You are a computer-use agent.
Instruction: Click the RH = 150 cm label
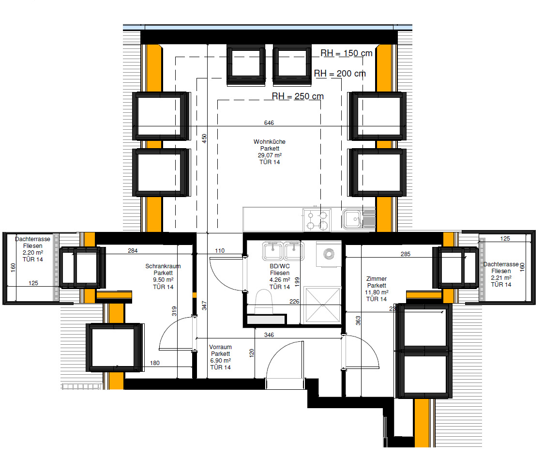tap(346, 53)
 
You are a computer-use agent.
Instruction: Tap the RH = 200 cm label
tap(340, 74)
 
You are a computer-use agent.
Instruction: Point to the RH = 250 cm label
tap(298, 96)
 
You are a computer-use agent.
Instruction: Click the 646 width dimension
tap(269, 123)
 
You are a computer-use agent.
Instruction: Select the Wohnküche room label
tap(270, 142)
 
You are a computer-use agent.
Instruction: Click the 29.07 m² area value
tap(270, 155)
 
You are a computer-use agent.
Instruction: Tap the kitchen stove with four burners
tap(317, 220)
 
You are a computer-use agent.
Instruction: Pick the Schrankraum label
tap(163, 266)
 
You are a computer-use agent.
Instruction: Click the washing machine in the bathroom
tap(329, 255)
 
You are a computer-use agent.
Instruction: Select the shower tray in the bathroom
tap(322, 305)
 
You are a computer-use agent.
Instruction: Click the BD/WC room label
tap(280, 266)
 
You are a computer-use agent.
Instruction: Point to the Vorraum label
tap(220, 347)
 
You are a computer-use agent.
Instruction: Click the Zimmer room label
tap(377, 279)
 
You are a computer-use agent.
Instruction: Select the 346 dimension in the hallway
tap(269, 335)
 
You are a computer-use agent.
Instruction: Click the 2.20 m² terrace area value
tap(33, 252)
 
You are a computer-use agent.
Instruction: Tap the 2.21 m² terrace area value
tap(501, 278)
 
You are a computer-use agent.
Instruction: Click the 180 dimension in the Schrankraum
tap(155, 363)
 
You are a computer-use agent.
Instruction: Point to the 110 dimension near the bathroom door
tap(220, 251)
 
